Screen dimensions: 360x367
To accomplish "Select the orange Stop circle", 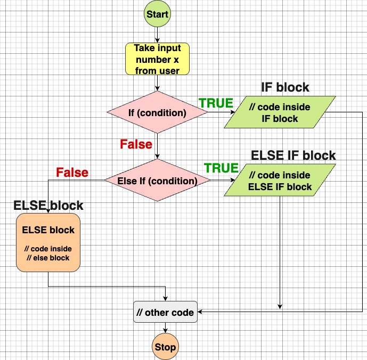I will coord(165,347).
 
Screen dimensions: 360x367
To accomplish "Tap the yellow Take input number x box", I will coord(157,59).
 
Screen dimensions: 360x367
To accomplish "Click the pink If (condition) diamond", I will coord(157,112).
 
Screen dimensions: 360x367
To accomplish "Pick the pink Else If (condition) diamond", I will coord(157,181).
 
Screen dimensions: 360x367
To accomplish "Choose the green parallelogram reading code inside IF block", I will coord(280,112).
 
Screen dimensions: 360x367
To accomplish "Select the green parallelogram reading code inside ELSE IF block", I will coord(280,181).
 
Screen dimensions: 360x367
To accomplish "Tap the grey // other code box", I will coord(165,312).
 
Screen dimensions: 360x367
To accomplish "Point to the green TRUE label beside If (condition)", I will coord(216,103).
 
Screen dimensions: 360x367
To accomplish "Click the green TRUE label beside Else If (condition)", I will coord(221,168).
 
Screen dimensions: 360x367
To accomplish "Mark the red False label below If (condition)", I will coord(136,144).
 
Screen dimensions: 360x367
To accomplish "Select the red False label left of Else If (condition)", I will coord(72,173).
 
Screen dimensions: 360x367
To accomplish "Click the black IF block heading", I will coord(285,87).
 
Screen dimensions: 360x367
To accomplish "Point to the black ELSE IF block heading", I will coord(293,156).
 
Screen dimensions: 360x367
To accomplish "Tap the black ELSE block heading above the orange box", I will coord(48,206).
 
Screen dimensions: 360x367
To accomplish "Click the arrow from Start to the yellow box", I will coord(157,34).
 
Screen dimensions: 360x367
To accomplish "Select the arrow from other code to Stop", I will coord(165,328).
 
